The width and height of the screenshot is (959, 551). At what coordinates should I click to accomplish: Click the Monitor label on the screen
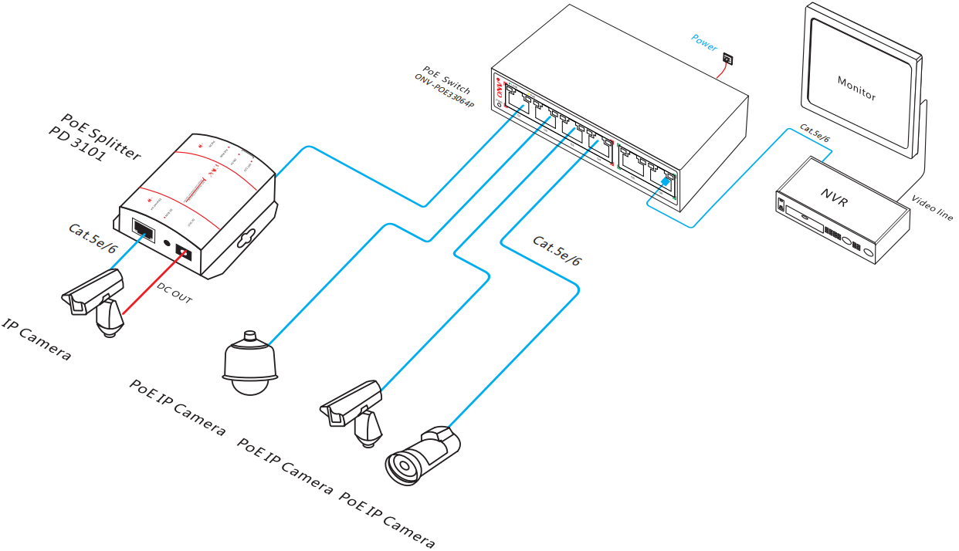(856, 89)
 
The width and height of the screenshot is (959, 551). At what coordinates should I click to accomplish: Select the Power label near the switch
(704, 42)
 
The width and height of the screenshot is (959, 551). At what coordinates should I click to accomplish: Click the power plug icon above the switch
(727, 59)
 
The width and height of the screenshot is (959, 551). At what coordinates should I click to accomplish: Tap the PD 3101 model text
(76, 144)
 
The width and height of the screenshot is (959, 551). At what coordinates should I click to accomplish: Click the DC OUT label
(174, 293)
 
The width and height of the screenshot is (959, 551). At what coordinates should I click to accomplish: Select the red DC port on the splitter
(184, 252)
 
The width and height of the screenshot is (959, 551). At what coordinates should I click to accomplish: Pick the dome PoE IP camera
(249, 364)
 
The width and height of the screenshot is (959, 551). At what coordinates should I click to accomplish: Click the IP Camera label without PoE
(36, 340)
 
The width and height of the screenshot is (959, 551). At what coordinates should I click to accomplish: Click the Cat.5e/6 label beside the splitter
(92, 238)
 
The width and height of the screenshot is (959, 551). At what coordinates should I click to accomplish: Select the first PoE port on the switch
(516, 100)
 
